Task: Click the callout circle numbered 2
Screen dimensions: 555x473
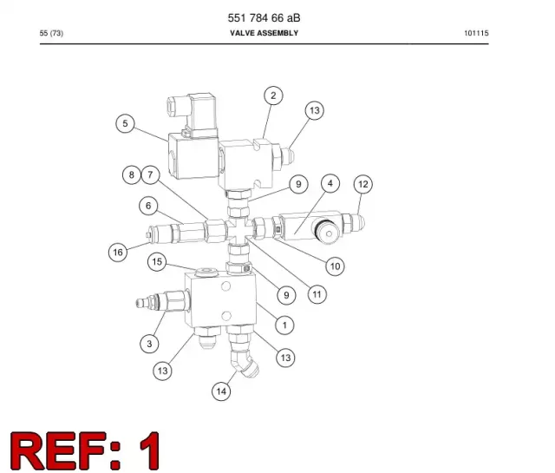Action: click(x=273, y=95)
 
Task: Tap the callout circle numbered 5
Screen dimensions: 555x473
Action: click(x=125, y=123)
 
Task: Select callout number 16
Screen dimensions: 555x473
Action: click(x=118, y=253)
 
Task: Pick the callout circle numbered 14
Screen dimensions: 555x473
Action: click(x=221, y=391)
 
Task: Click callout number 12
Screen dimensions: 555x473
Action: click(x=363, y=184)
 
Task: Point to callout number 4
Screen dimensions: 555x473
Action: click(x=330, y=183)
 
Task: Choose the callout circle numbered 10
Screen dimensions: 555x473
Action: click(x=335, y=266)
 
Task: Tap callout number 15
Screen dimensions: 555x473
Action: click(x=157, y=262)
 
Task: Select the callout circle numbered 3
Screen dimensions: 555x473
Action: click(x=149, y=344)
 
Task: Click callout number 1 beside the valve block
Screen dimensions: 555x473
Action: click(x=284, y=325)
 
